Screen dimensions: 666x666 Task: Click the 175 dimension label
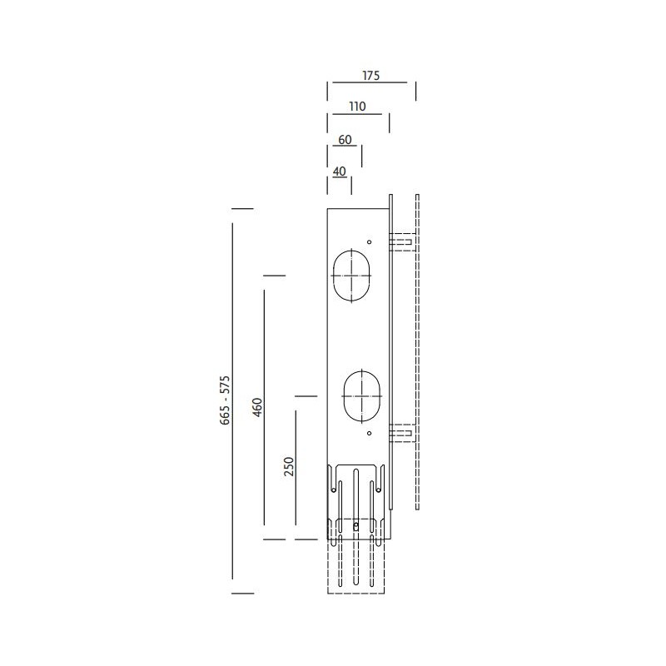pyautogui.click(x=370, y=76)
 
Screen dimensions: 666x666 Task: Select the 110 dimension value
pyautogui.click(x=358, y=107)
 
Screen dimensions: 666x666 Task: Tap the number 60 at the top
pyautogui.click(x=345, y=140)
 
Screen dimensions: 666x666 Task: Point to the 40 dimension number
pyautogui.click(x=340, y=171)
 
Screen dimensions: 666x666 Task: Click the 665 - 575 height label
pyautogui.click(x=225, y=400)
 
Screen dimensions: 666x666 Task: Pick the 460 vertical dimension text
pyautogui.click(x=257, y=407)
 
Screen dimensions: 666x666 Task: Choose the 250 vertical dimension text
pyautogui.click(x=289, y=466)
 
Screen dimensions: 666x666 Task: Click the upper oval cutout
pyautogui.click(x=351, y=251)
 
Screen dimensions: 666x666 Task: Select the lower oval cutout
pyautogui.click(x=362, y=371)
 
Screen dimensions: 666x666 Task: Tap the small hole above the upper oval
pyautogui.click(x=369, y=242)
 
